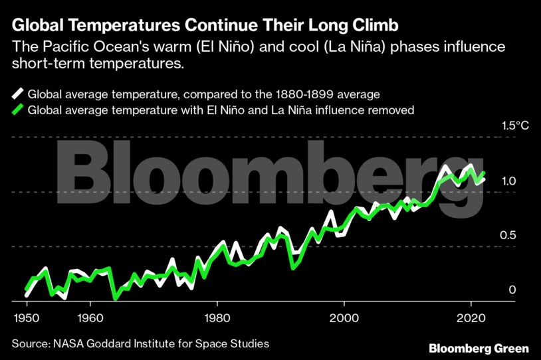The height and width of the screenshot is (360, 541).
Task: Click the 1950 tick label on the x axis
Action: pyautogui.click(x=25, y=317)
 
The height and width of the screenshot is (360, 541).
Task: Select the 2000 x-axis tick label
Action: pyautogui.click(x=344, y=317)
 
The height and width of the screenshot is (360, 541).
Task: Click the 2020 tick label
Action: pyautogui.click(x=471, y=317)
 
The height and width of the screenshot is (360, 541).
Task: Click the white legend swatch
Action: pyautogui.click(x=18, y=94)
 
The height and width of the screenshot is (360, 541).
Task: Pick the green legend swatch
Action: pyautogui.click(x=18, y=110)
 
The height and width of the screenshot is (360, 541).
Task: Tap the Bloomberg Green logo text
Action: pyautogui.click(x=479, y=348)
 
